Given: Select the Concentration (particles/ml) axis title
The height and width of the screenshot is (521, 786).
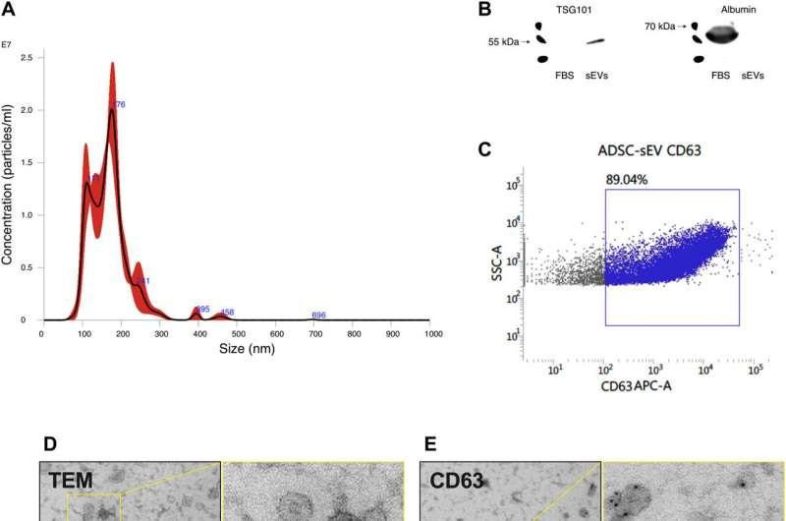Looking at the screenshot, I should click(x=8, y=189).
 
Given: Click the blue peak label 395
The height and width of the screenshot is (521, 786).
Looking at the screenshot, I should click(x=202, y=310).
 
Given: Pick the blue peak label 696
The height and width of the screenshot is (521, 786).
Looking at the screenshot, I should click(x=318, y=316).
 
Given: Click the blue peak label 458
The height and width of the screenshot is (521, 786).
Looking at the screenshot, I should click(x=227, y=313).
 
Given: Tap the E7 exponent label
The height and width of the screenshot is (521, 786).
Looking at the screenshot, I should click(x=7, y=44).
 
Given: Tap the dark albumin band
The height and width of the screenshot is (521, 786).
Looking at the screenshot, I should click(x=722, y=35).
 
